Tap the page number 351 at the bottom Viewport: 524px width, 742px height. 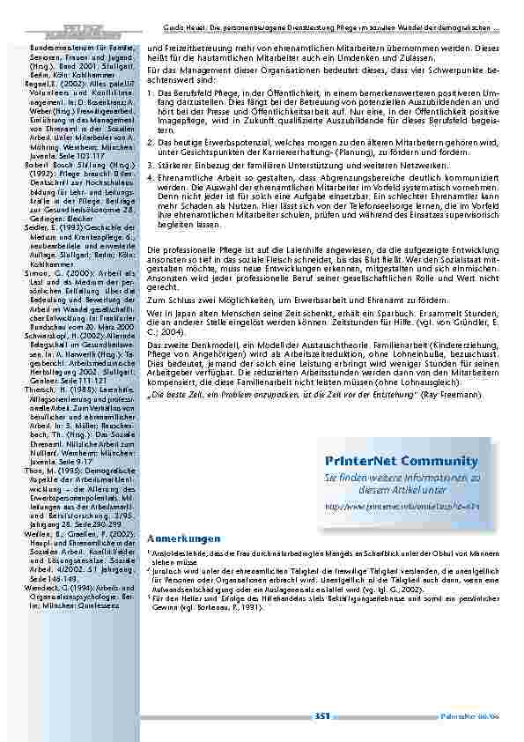pos(321,716)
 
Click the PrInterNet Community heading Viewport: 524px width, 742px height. pos(401,461)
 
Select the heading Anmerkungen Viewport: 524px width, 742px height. pos(182,538)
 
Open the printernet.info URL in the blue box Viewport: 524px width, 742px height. pos(401,508)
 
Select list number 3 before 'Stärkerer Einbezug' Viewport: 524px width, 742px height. pos(150,165)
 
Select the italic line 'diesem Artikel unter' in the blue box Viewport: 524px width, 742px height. pos(401,489)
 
